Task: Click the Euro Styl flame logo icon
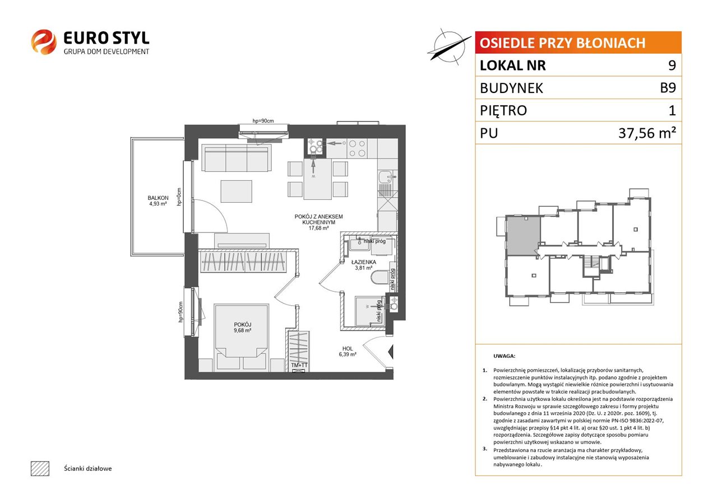[x=44, y=42]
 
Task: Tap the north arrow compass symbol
[x=449, y=47]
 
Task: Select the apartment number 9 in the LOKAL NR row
[x=672, y=65]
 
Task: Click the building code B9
[x=668, y=88]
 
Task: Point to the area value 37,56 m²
[x=647, y=133]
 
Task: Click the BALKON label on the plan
[x=158, y=198]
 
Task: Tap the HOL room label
[x=348, y=348]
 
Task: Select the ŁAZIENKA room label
[x=363, y=262]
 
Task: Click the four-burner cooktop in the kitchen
[x=357, y=148]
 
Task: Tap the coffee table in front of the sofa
[x=237, y=191]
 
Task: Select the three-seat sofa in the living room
[x=237, y=158]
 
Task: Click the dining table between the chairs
[x=318, y=179]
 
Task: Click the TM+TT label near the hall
[x=299, y=365]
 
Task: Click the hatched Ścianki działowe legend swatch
[x=40, y=468]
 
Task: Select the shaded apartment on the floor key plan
[x=523, y=235]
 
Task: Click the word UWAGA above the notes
[x=504, y=356]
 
